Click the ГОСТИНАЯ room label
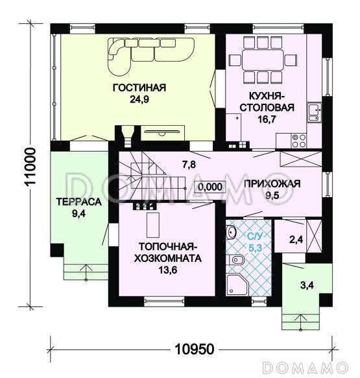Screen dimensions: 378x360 point(139,89)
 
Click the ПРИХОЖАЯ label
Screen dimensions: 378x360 point(272,183)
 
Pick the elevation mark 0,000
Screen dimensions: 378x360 point(210,187)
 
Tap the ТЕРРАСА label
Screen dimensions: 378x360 point(79,202)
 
